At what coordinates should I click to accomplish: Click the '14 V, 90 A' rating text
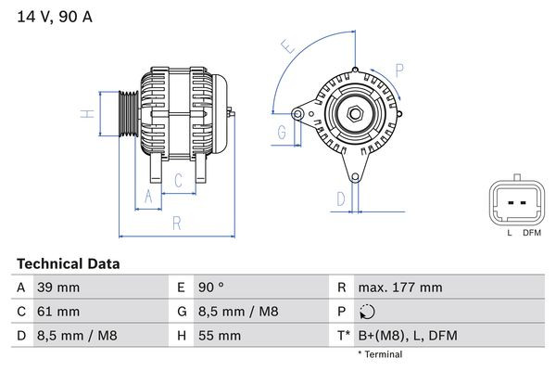(x=55, y=17)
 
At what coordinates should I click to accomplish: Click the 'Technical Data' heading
(x=69, y=264)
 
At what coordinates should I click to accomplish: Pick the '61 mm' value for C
(x=57, y=312)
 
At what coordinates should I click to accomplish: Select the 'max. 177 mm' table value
(x=401, y=288)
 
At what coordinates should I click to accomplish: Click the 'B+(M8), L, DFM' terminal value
(x=408, y=336)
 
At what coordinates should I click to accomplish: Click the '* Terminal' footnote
(x=381, y=354)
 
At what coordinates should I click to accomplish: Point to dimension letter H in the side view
(x=85, y=114)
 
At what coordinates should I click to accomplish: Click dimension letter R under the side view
(x=176, y=223)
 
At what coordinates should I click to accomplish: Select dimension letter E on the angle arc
(x=288, y=45)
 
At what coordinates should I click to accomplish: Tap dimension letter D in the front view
(x=340, y=198)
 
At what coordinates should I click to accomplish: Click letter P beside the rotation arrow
(x=399, y=70)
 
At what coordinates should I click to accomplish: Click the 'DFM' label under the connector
(x=531, y=232)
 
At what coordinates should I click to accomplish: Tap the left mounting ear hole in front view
(x=297, y=113)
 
